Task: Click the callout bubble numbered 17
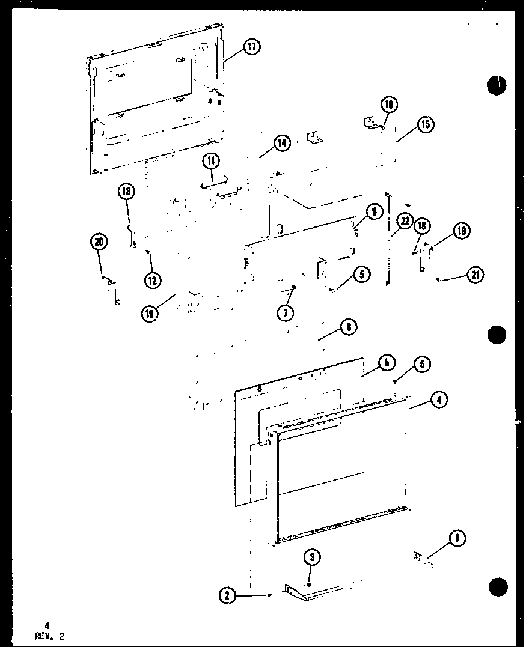pos(251,47)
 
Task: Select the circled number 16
pos(388,105)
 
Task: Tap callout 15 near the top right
pos(425,124)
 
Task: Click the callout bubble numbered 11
pos(211,161)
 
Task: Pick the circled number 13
pos(126,192)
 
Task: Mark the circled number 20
pos(99,242)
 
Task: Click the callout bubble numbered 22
pos(405,222)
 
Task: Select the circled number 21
pos(475,275)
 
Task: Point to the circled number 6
pos(386,362)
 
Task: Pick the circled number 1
pos(457,539)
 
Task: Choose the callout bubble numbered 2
pos(227,595)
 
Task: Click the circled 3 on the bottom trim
pos(311,557)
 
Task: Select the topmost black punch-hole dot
pos(497,85)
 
